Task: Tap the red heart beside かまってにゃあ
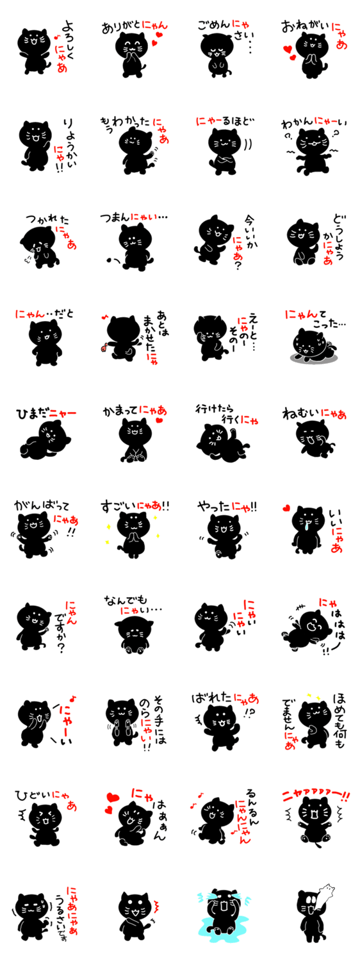coord(160,420)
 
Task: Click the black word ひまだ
coord(32,414)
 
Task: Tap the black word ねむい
coord(301,414)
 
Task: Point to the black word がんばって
coord(41,505)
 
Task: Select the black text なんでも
coord(126,600)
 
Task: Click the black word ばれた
coord(212,698)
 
